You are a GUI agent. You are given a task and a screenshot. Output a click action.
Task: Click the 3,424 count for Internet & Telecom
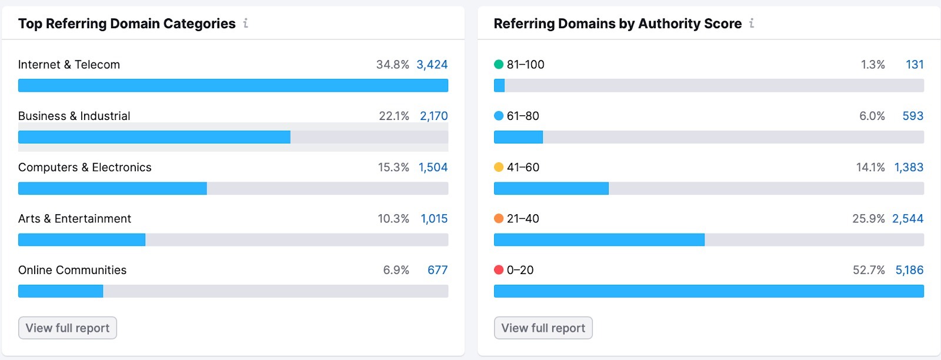click(432, 65)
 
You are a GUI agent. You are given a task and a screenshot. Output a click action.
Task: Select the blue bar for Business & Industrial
click(154, 137)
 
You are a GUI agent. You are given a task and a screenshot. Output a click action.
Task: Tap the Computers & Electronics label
click(85, 168)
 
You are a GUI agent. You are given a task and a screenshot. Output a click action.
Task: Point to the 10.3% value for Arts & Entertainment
click(393, 219)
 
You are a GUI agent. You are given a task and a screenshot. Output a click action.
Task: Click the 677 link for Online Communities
click(437, 270)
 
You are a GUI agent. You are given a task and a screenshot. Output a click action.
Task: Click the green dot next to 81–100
click(499, 65)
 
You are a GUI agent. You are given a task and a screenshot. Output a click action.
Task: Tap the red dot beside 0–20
click(499, 270)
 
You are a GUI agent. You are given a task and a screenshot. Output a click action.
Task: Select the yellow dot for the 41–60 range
click(499, 168)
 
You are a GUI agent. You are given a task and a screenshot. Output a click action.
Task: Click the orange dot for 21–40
click(499, 219)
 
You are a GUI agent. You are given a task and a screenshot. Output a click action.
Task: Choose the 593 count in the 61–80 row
click(913, 116)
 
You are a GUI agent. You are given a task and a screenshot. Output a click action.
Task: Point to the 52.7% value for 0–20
click(869, 270)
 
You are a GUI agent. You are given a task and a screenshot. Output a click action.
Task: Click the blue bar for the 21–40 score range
click(599, 239)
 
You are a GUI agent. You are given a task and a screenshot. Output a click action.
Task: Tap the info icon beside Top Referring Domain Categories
click(246, 24)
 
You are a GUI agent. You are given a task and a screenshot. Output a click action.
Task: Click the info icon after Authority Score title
click(752, 24)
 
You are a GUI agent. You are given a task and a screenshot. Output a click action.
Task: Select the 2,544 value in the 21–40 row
click(907, 219)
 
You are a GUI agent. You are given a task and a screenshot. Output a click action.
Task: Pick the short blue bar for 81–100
click(499, 86)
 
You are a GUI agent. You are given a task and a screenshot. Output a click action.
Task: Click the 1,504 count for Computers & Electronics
click(433, 168)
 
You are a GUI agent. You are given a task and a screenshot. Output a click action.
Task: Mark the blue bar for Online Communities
click(61, 291)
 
